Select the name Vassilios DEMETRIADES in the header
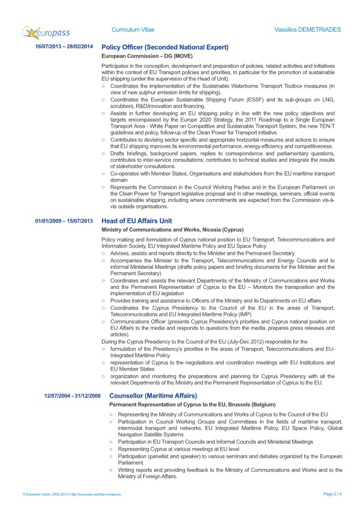pos(308,29)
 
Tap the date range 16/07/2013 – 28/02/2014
pos(64,47)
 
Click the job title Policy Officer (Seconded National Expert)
pos(165,47)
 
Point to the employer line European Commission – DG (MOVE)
pos(147,56)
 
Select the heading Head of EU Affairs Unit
pos(144,221)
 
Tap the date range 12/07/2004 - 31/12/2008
pos(72,396)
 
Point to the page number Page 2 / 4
pos(332,494)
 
